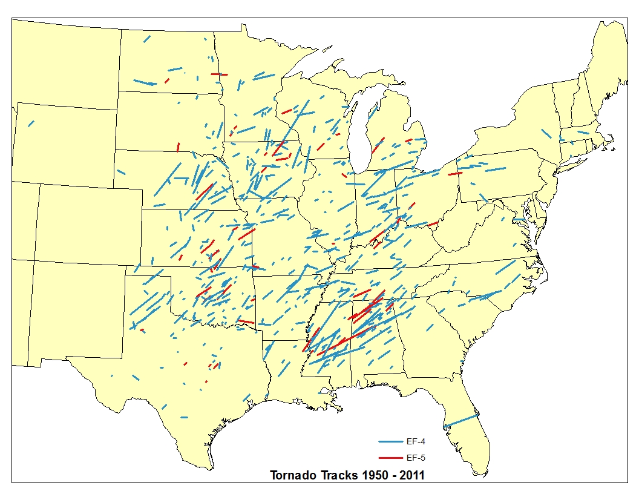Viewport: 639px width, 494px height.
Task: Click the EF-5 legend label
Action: click(x=415, y=458)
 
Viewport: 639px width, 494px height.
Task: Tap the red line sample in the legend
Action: click(x=390, y=458)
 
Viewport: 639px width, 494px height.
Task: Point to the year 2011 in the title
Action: click(x=411, y=475)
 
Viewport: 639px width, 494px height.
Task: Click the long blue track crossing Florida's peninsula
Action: click(x=461, y=420)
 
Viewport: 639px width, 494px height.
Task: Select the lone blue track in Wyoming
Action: click(x=31, y=123)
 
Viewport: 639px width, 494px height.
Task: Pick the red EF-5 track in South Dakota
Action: click(x=178, y=147)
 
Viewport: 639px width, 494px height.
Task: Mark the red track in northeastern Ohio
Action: click(x=455, y=174)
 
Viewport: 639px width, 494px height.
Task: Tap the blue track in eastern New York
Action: click(x=546, y=134)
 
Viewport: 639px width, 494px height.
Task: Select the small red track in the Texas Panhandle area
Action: click(x=142, y=331)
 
